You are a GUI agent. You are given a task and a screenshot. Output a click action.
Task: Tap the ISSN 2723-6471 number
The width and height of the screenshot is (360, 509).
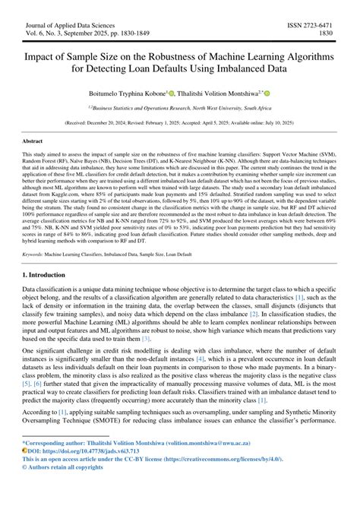click(312, 25)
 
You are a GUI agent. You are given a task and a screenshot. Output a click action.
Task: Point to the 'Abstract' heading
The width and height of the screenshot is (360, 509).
click(33, 141)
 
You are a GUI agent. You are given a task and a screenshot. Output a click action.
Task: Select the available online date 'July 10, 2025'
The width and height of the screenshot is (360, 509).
click(284, 122)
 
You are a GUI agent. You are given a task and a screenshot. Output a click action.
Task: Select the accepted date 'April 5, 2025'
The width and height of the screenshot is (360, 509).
click(226, 122)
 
